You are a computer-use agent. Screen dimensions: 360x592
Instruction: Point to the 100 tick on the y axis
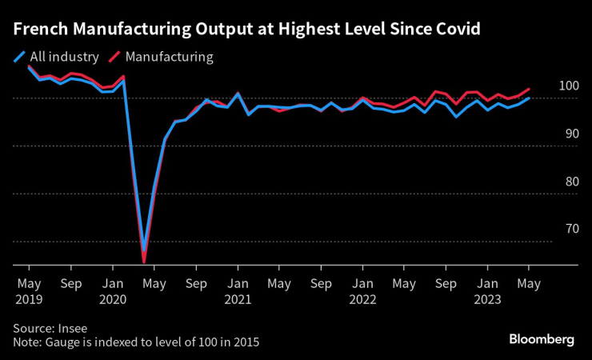(567, 86)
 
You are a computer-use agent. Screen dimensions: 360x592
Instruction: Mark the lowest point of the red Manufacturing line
(144, 262)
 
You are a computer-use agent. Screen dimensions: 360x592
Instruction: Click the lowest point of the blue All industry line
(144, 250)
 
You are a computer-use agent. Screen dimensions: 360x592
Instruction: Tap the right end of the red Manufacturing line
(529, 89)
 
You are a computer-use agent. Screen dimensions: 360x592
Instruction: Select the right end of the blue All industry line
(529, 98)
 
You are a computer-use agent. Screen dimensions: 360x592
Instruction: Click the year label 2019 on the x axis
(29, 300)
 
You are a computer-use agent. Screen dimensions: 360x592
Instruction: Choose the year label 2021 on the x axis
(237, 300)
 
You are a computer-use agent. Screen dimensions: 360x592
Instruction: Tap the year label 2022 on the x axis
(362, 300)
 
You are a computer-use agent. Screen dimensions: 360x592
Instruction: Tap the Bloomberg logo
(542, 339)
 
